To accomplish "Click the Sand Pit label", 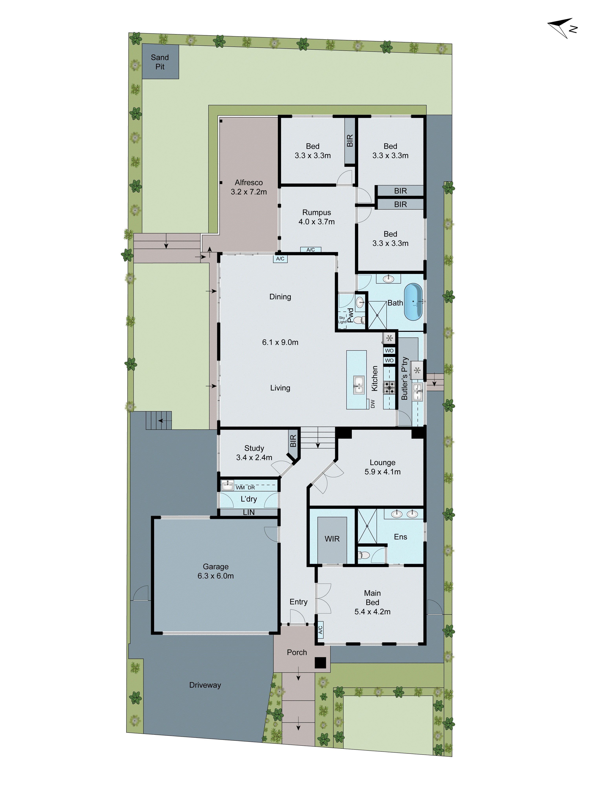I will [160, 62].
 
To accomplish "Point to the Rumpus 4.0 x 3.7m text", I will [316, 217].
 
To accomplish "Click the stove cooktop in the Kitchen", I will [389, 388].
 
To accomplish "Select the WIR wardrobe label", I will [332, 539].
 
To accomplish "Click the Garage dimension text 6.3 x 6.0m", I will [216, 576].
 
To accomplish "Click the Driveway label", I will [205, 685].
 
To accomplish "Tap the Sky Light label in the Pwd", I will [342, 320].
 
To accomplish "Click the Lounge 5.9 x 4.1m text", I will [382, 467].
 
